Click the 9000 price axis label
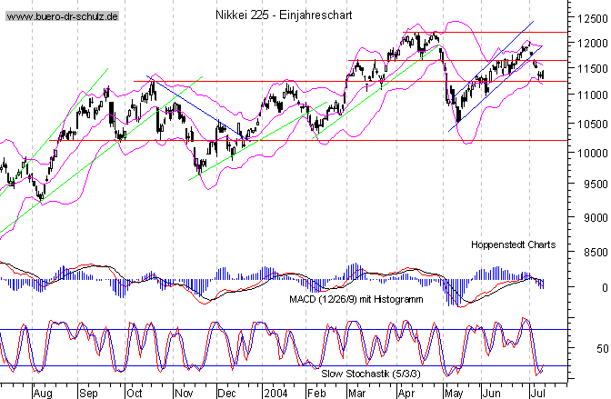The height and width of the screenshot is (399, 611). [x=594, y=218]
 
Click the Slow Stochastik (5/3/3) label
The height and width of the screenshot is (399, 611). [x=374, y=371]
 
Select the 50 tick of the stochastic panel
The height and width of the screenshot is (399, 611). [x=598, y=349]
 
